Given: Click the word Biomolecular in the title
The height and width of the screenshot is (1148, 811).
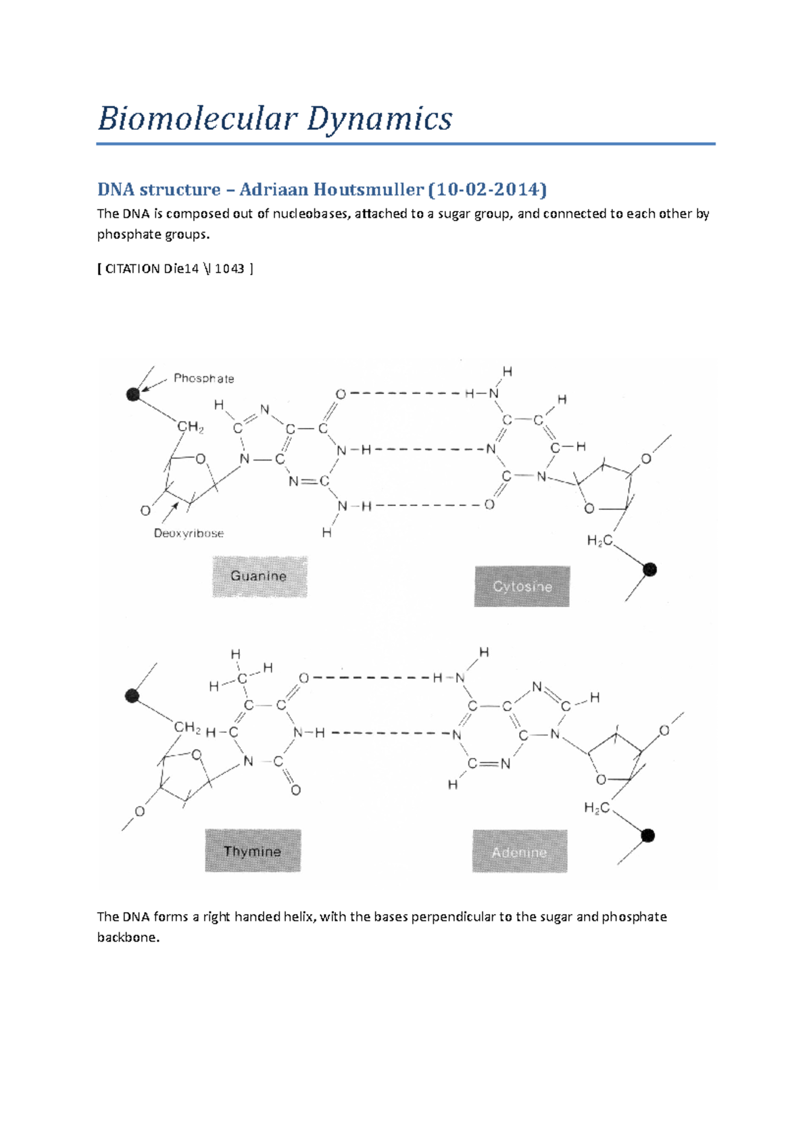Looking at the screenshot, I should [x=197, y=119].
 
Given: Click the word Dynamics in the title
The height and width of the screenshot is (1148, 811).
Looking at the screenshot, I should [x=380, y=119].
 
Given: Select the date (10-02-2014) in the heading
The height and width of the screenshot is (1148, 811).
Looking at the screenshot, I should [x=487, y=189].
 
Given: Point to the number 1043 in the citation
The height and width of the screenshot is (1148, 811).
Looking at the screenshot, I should [x=229, y=268].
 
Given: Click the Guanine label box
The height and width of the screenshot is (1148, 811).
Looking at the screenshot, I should [x=260, y=576].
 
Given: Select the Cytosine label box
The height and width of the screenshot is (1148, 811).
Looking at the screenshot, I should [x=522, y=586].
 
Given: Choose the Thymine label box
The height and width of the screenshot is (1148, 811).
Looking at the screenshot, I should [x=253, y=851].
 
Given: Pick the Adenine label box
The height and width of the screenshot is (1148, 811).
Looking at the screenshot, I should [x=520, y=852].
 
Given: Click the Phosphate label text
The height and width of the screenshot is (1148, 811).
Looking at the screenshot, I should [x=203, y=379].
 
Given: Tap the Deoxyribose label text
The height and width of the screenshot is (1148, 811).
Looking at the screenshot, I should [x=189, y=533].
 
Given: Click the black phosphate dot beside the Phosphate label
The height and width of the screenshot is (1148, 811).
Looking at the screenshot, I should [x=133, y=394].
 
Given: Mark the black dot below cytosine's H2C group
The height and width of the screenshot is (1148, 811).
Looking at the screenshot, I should [x=649, y=570].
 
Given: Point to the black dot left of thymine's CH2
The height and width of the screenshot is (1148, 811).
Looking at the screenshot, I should [x=132, y=695].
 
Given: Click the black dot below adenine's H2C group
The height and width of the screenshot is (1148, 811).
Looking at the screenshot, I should [x=647, y=836].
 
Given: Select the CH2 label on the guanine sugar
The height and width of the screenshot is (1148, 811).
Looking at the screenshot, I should [x=190, y=427].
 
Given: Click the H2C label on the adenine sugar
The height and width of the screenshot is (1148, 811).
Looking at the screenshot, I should [x=597, y=808].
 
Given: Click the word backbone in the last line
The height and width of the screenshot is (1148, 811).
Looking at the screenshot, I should [x=128, y=938].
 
